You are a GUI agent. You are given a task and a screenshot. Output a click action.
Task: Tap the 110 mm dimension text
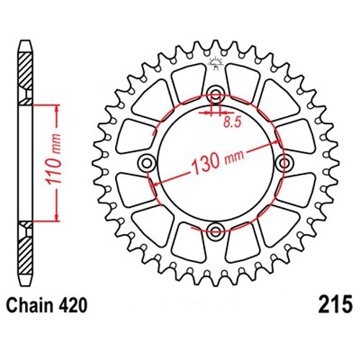pyautogui.click(x=53, y=160)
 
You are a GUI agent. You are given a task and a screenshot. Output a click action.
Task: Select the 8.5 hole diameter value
pyautogui.click(x=232, y=122)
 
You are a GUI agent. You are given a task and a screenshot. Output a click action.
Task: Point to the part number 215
pyautogui.click(x=336, y=305)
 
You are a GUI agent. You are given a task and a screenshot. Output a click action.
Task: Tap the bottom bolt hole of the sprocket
pyautogui.click(x=215, y=231)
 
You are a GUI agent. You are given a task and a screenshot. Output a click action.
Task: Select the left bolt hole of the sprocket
pyautogui.click(x=146, y=163)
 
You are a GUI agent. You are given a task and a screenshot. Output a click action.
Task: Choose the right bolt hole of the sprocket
pyautogui.click(x=285, y=163)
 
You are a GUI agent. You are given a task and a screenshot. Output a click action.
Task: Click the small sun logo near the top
pyautogui.click(x=216, y=63)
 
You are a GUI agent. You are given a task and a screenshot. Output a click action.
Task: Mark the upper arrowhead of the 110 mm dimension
pyautogui.click(x=57, y=109)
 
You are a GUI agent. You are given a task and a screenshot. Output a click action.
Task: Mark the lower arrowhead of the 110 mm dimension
pyautogui.click(x=57, y=217)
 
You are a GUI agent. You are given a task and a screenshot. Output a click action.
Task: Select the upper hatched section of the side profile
pyautogui.click(x=25, y=78)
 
